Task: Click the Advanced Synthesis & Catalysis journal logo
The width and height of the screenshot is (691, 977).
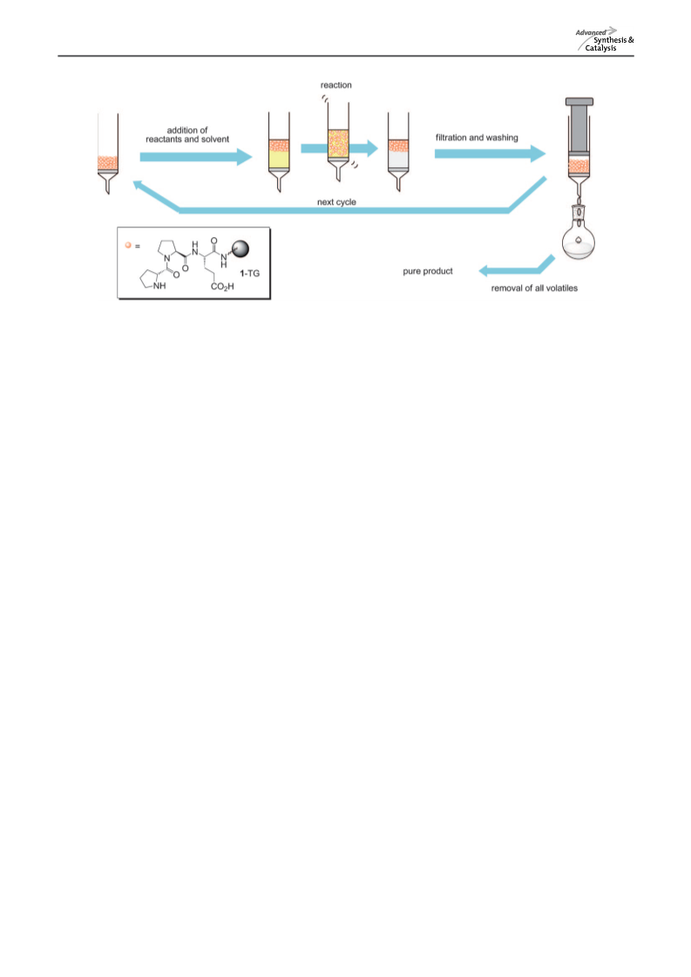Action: coord(605,39)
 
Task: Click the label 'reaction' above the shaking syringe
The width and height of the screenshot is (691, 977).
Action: coord(335,85)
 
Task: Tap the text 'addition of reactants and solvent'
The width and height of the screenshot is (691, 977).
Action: coord(187,134)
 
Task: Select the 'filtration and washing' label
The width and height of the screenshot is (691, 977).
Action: coord(477,137)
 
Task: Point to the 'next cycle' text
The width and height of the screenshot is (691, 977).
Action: coord(336,202)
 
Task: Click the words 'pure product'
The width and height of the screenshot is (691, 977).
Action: coord(428,271)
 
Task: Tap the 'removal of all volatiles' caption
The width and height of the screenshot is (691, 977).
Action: coord(534,288)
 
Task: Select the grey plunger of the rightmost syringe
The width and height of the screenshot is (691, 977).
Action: coord(579,125)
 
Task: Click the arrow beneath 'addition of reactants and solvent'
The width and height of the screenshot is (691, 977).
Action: coord(196,156)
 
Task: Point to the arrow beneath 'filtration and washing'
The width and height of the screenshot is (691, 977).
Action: coord(490,153)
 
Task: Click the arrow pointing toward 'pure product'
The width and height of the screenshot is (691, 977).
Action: coord(517,266)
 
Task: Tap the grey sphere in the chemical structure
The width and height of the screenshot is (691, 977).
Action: coord(240,249)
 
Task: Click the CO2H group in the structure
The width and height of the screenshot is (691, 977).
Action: coord(222,287)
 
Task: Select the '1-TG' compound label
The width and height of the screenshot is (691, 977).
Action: coord(250,273)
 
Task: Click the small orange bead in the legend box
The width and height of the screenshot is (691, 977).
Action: coord(128,245)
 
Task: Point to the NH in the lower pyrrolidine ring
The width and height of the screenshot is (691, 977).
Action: coord(159,286)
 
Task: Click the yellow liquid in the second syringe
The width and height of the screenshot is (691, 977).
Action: coord(279,160)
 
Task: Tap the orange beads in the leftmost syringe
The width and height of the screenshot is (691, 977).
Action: coord(108,164)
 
